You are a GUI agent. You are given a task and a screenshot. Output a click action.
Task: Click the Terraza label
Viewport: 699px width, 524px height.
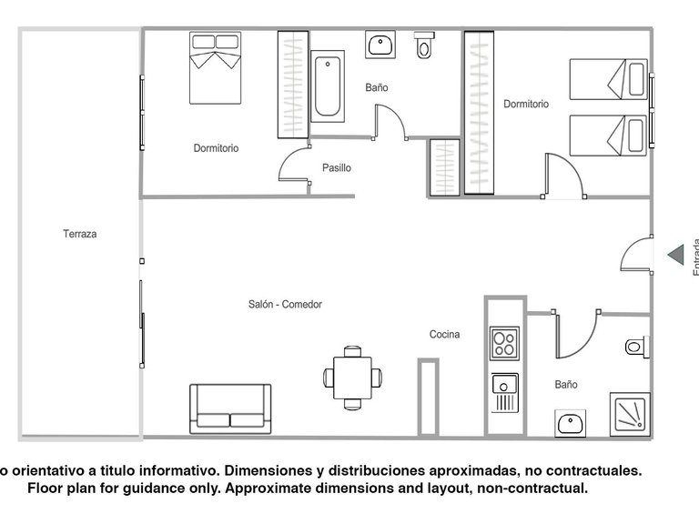[x=80, y=234]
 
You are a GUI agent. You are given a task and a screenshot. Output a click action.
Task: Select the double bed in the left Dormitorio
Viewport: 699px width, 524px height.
[x=216, y=67]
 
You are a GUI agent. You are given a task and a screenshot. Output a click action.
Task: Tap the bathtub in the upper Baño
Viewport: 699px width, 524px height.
[x=328, y=86]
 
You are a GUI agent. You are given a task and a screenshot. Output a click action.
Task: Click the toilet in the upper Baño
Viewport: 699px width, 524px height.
[x=424, y=45]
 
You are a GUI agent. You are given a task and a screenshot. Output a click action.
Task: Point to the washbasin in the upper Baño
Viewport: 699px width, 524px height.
[x=380, y=45]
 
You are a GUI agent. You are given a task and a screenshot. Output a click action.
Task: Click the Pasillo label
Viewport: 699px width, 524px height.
[x=336, y=167]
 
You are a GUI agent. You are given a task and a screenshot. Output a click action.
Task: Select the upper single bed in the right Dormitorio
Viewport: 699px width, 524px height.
[x=608, y=79]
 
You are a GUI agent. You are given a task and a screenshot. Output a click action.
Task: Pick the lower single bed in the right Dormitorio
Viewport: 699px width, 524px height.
[x=608, y=135]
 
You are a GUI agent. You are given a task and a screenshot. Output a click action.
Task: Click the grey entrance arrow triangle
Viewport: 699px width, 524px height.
[x=675, y=255]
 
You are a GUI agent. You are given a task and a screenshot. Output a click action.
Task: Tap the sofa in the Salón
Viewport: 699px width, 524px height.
[x=230, y=408]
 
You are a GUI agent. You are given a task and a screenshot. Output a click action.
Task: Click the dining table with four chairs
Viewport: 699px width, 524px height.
[x=353, y=377]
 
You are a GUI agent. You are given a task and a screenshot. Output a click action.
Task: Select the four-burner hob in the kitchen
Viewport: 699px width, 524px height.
[x=504, y=343]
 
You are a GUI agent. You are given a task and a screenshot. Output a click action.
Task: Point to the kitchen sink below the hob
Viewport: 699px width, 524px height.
[x=504, y=392]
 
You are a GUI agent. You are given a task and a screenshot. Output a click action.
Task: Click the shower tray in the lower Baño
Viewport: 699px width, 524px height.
[x=629, y=414]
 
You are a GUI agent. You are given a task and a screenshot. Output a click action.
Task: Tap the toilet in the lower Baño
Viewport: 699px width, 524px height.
[x=636, y=347]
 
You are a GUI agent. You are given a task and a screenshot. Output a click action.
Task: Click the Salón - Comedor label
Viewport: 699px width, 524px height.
[x=285, y=305]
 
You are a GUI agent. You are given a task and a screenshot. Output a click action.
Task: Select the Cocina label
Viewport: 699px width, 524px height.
[x=444, y=335]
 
